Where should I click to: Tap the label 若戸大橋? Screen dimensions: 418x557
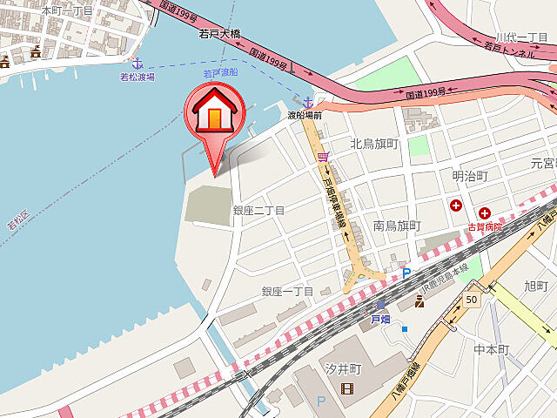pos(219,34)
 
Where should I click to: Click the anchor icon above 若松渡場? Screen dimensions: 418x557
pos(137,63)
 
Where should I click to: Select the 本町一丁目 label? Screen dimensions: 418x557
pos(67,10)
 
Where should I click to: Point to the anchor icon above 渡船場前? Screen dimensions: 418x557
pos(307,102)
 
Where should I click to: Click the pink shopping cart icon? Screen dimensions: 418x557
pos(323,157)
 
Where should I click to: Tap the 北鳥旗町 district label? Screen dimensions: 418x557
pos(374,144)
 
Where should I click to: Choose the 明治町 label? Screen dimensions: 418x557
pos(471,176)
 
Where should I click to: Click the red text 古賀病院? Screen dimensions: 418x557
pos(486,226)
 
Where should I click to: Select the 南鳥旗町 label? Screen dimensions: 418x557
pos(397,226)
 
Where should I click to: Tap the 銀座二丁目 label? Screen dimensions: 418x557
pos(258,210)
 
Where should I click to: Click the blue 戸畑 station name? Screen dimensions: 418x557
pos(372,319)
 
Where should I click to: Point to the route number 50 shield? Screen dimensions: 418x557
pos(471,299)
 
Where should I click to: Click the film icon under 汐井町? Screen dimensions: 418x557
pos(348,388)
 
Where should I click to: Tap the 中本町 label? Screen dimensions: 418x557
pos(491,349)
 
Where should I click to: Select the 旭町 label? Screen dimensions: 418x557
pos(536,286)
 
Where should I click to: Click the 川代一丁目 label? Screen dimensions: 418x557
pos(521,37)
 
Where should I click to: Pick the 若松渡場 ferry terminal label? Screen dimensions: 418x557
pos(137,77)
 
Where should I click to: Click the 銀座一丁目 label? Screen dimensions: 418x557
pos(286,291)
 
